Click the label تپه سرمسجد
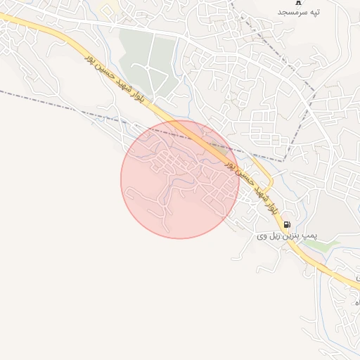299,13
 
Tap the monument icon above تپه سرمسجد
298,2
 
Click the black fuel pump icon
287,225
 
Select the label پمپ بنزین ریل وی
286,238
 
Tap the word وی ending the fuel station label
262,238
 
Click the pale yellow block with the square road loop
109,8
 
